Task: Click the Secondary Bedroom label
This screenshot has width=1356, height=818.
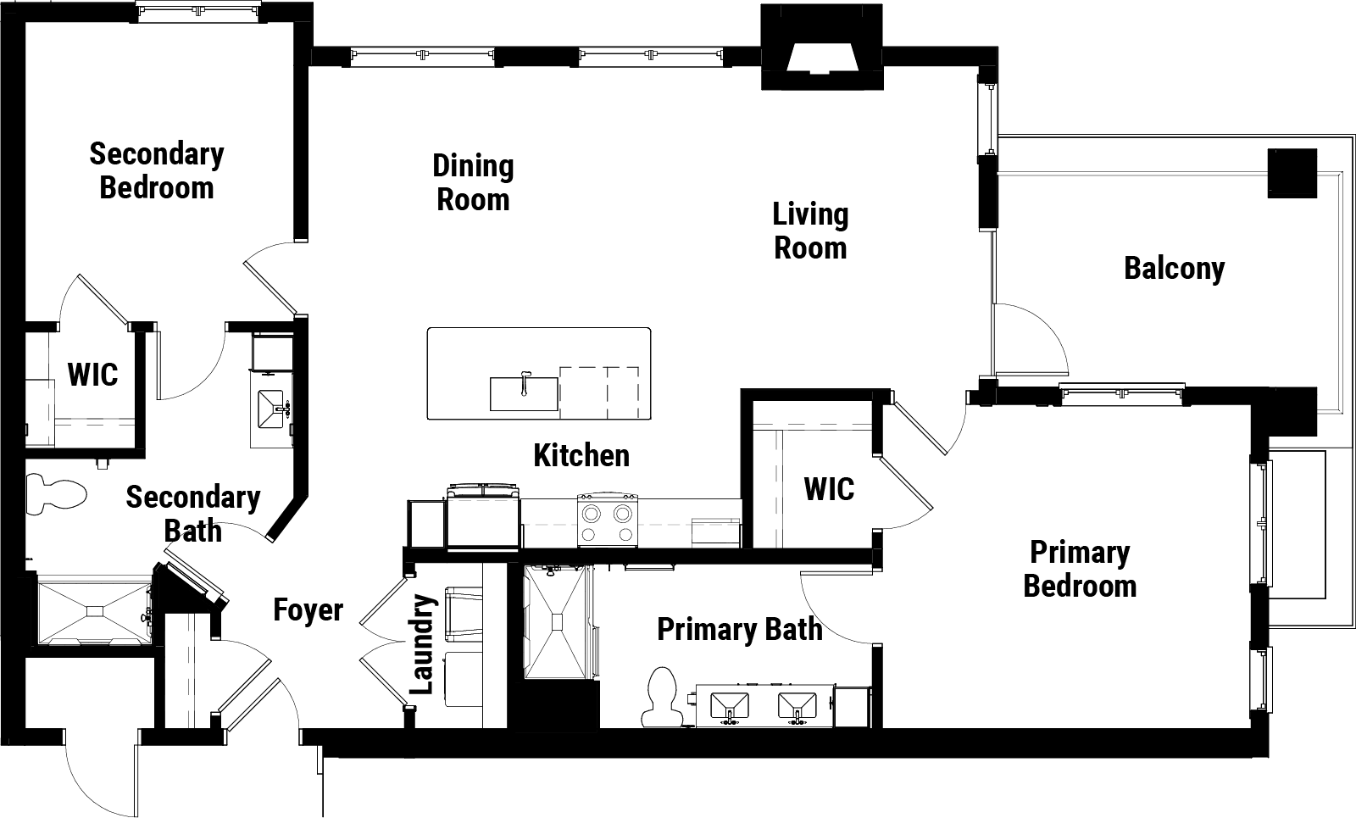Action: [157, 170]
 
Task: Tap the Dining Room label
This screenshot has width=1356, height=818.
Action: [473, 182]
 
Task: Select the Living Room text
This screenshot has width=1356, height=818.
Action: [810, 231]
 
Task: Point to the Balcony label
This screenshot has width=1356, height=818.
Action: [1175, 269]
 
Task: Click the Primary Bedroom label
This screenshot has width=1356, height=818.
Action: [1080, 569]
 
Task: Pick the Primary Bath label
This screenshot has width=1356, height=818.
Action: [740, 629]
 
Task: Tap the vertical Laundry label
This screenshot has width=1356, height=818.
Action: [422, 644]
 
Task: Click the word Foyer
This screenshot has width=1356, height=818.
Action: [308, 609]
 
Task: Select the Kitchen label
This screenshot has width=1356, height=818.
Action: [581, 455]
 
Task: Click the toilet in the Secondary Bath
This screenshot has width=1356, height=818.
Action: [56, 494]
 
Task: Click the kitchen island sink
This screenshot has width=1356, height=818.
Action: [524, 393]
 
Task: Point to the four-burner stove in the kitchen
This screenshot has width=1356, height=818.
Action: [607, 520]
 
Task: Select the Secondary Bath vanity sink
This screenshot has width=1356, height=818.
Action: [271, 409]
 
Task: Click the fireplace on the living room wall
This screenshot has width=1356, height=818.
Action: [821, 47]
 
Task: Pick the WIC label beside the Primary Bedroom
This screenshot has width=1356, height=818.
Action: [830, 489]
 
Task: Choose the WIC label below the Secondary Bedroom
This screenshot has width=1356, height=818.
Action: [92, 375]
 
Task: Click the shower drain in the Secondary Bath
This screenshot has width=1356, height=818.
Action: [94, 611]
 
